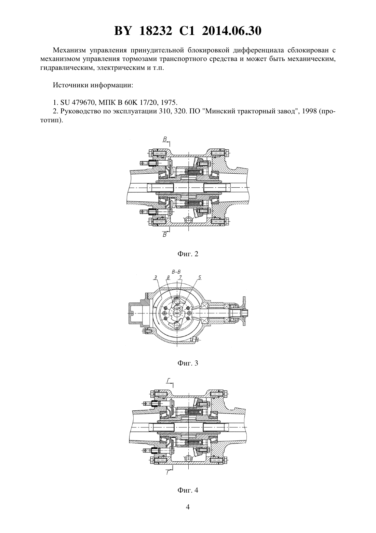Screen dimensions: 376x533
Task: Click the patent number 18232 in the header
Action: coord(156,31)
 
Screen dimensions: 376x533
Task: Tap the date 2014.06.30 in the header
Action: coord(232,31)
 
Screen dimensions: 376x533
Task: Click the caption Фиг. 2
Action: coord(188,254)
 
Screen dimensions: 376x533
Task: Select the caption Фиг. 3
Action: coord(188,363)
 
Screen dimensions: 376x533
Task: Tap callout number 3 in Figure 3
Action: coord(155,277)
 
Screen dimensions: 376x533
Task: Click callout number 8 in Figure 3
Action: coord(168,277)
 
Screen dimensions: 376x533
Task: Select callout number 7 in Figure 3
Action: coord(180,277)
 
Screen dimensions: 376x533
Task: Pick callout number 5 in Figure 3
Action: coord(200,277)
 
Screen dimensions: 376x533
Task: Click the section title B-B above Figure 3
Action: coord(176,272)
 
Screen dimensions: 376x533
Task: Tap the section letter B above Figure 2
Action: coord(165,139)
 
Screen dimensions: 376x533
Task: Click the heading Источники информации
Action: coord(93,85)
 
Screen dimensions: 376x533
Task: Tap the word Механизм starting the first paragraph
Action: coord(69,50)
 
